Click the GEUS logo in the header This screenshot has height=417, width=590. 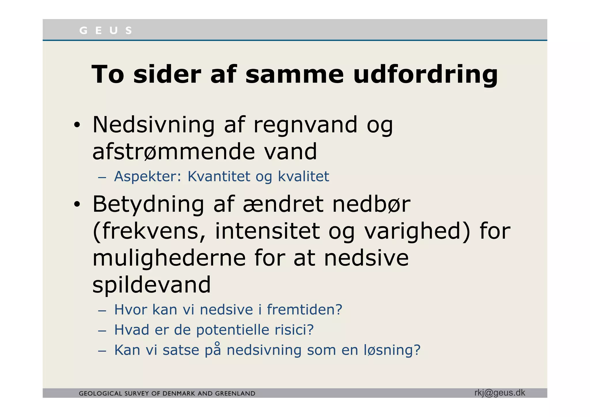point(105,30)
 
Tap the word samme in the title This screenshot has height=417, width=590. point(294,74)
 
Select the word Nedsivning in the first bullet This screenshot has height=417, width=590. point(153,124)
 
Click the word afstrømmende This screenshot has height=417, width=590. point(173,152)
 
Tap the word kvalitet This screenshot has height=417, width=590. point(303,176)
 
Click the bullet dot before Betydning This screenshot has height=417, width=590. point(77,204)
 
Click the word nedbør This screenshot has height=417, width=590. point(371,204)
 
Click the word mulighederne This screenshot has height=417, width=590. point(169,258)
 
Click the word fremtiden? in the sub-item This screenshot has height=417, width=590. point(305,310)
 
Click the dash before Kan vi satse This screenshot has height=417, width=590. point(102,351)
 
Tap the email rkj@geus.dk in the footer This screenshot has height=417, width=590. point(500,393)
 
